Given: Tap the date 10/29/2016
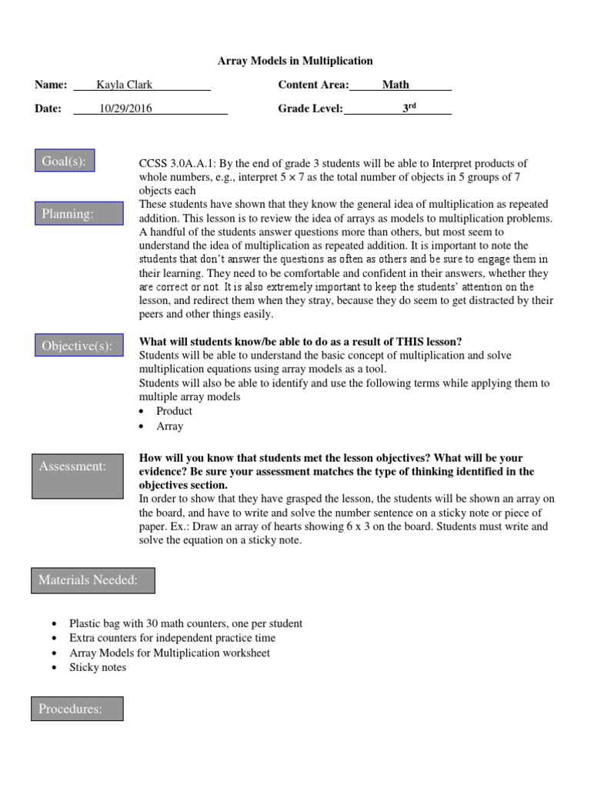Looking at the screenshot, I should [125, 109].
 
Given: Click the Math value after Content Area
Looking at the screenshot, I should [396, 85].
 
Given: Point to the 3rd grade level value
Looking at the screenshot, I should [409, 109].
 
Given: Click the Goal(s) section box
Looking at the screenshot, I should [65, 162].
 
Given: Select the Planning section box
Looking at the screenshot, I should [78, 214].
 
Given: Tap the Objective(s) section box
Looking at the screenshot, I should [78, 346].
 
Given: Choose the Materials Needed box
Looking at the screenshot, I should [93, 580].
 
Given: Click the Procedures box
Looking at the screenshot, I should [77, 709].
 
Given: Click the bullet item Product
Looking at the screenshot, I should [174, 411].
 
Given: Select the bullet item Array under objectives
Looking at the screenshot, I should [169, 426].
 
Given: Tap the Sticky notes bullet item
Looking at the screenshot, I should [98, 667].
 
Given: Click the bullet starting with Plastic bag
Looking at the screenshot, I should [185, 623].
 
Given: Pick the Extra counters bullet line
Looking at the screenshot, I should [172, 638].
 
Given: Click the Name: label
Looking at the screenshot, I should [51, 85].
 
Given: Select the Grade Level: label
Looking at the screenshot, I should [310, 109].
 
